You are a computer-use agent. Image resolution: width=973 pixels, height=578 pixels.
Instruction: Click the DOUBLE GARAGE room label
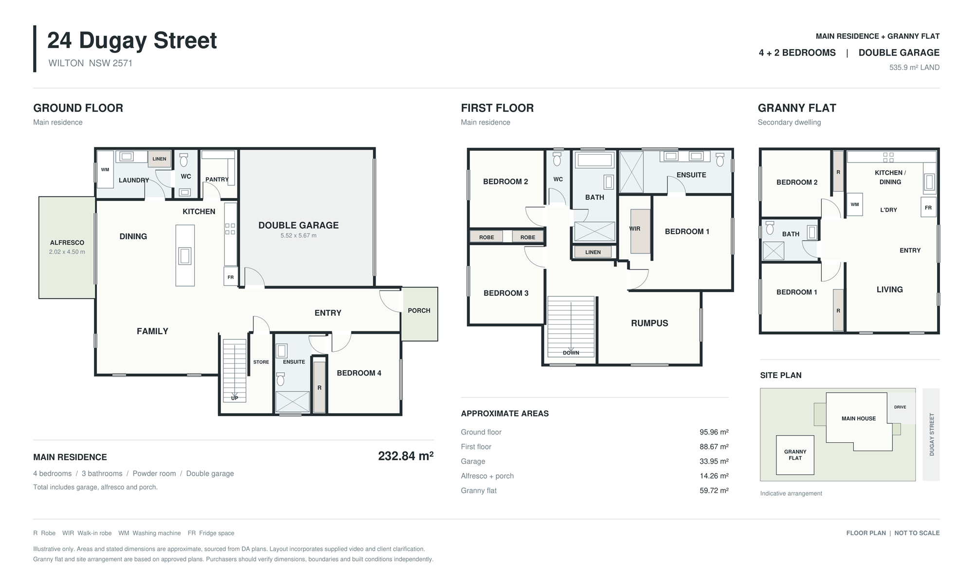[298, 225]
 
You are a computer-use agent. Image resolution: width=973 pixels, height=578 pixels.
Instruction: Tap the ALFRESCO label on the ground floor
[67, 242]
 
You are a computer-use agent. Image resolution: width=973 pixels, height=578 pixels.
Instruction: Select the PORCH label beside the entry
[419, 310]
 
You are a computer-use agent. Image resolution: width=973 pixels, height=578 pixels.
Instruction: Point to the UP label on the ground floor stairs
[234, 398]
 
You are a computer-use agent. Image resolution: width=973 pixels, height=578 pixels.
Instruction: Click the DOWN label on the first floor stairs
[571, 353]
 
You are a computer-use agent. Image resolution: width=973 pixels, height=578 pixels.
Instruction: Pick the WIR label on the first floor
[635, 229]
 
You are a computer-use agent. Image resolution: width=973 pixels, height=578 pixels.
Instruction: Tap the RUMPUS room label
[649, 323]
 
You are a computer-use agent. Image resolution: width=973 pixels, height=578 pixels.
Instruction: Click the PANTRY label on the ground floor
[217, 180]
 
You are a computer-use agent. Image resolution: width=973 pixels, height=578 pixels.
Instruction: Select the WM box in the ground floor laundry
[105, 170]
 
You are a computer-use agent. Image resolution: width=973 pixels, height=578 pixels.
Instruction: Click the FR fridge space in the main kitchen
[231, 277]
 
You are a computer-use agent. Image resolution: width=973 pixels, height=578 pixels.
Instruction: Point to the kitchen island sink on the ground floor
[185, 256]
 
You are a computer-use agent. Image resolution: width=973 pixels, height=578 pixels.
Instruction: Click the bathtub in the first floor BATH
[594, 160]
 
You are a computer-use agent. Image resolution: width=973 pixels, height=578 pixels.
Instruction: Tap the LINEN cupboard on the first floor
[593, 252]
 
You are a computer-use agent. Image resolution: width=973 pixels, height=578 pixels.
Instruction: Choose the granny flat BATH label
[791, 234]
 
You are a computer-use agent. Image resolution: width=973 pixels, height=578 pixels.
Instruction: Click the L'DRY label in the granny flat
[888, 210]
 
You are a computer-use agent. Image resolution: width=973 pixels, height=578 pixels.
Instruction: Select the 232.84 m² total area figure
[406, 456]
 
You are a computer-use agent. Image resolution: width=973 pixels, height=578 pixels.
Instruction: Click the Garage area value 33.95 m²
[714, 461]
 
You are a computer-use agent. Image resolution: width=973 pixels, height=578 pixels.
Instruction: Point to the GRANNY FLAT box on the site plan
[795, 455]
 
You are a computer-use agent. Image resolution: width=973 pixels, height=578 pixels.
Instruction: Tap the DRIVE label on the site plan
[900, 407]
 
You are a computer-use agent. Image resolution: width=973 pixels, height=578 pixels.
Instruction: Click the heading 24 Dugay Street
[132, 40]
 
